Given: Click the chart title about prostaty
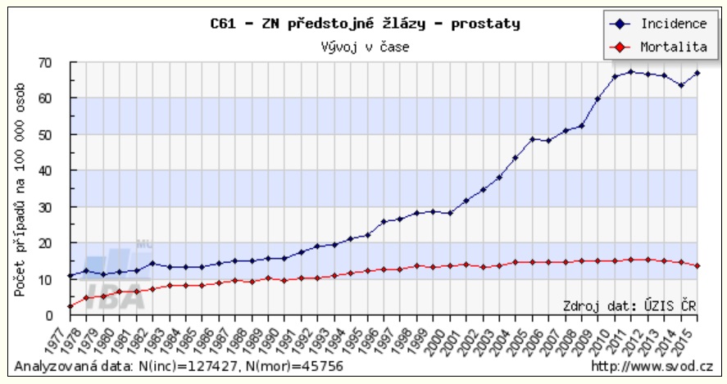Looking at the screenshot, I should coord(365,24).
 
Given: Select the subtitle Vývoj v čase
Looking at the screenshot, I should coord(365,46).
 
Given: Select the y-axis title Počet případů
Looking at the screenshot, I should coord(20,189).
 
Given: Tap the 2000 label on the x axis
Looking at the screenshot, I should coord(447,337).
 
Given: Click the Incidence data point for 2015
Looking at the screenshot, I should coord(696,73).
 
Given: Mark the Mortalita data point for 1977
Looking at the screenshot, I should coord(70,306).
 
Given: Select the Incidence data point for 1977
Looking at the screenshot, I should coord(70,276).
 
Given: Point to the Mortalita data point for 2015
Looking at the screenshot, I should coord(696,265).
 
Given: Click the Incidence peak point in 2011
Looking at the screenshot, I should coord(630,72).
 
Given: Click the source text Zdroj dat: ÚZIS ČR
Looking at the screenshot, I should coord(629,305).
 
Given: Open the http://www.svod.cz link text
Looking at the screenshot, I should coord(652,366).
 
